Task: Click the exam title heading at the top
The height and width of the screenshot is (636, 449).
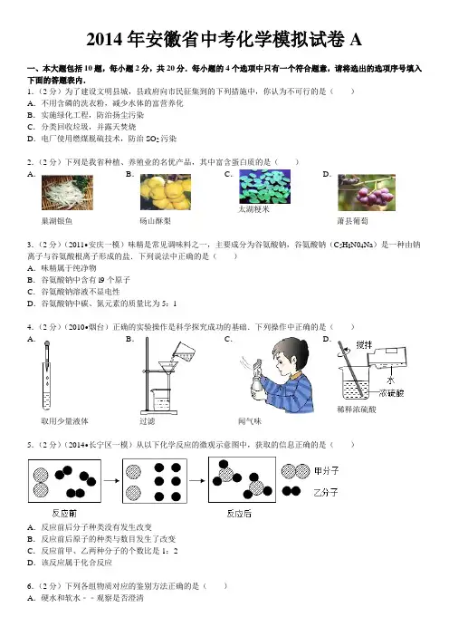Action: (224, 39)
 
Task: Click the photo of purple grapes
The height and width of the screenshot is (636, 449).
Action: (367, 193)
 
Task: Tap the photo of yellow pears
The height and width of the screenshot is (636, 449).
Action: (166, 192)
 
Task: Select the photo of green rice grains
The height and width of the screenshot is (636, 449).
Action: (264, 186)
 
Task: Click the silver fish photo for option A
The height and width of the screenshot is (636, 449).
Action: (67, 192)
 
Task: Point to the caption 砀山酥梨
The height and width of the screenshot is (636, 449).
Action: (155, 221)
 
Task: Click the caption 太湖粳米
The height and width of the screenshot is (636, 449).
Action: (253, 209)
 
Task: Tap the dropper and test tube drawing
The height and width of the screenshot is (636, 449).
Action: (47, 375)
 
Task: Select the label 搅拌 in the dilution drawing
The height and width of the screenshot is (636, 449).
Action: (364, 345)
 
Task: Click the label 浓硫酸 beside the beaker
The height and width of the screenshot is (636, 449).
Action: (391, 393)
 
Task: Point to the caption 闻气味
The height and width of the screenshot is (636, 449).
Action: (250, 421)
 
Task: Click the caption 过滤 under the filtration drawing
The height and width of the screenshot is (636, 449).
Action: (147, 421)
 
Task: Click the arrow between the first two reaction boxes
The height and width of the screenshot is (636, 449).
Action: (111, 481)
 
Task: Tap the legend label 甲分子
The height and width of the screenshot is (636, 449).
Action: (326, 471)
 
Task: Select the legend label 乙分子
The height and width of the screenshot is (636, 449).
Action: (325, 493)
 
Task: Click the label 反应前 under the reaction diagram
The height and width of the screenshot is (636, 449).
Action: (64, 514)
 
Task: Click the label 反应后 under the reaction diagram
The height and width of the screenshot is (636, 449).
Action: (239, 514)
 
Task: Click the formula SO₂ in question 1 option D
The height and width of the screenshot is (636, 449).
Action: (152, 140)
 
